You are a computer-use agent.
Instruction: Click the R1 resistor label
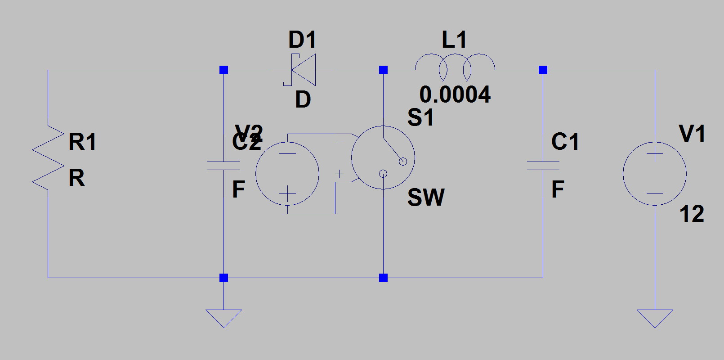(x=82, y=142)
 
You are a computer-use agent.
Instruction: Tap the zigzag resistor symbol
(x=48, y=157)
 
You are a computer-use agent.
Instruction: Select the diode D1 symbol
(x=303, y=70)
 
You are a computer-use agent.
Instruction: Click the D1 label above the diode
(x=302, y=40)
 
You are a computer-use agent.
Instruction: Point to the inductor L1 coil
(x=455, y=67)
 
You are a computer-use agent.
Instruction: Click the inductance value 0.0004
(x=455, y=94)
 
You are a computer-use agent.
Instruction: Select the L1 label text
(x=454, y=40)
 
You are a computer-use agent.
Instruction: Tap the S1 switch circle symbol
(x=383, y=157)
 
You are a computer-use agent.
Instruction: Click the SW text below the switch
(x=426, y=198)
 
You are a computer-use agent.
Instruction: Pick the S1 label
(x=420, y=117)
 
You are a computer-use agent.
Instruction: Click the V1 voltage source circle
(x=655, y=174)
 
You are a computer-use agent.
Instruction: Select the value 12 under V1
(x=692, y=214)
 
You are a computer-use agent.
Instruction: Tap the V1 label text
(x=692, y=134)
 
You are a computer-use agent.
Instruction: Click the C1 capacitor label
(x=565, y=142)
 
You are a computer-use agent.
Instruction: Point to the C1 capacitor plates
(x=543, y=166)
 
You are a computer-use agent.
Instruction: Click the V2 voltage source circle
(x=287, y=174)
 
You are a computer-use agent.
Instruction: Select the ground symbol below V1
(x=655, y=318)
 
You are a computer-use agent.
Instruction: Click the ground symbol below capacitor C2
(x=223, y=318)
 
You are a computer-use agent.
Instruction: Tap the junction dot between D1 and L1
(x=383, y=70)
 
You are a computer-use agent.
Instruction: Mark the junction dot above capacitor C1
(x=543, y=70)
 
